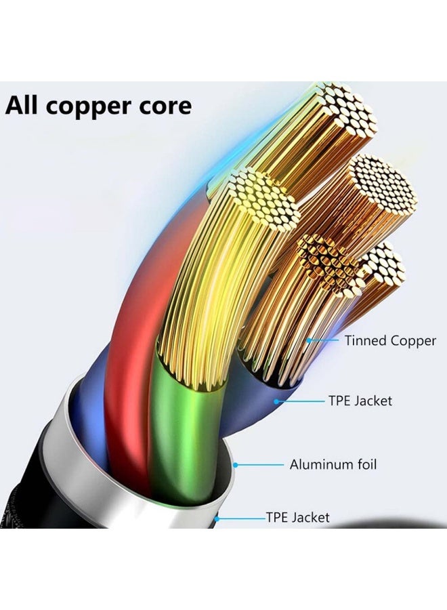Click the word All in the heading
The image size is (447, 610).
25,106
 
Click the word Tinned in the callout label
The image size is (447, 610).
365,341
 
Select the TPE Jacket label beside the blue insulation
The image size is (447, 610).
360,401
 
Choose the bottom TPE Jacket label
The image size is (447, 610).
298,518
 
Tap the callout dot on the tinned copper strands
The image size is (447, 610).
310,340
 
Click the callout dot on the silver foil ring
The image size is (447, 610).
236,465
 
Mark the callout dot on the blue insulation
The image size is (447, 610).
276,401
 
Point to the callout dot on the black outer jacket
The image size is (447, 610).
217,518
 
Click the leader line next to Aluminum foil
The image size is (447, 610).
261,465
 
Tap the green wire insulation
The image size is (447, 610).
179,434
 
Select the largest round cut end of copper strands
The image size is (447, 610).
383,183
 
